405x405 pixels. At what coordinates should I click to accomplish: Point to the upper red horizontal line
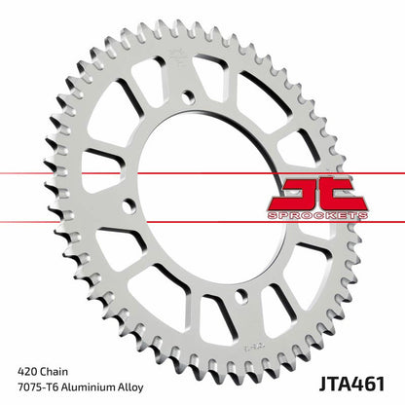(146, 173)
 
